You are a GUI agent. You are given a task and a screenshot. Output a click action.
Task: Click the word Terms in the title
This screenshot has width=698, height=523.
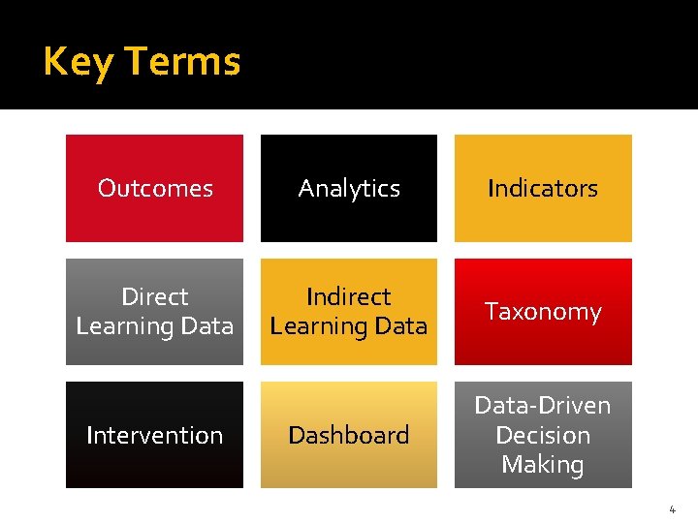click(x=182, y=61)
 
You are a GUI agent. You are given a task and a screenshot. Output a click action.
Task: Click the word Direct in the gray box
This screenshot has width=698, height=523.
click(x=155, y=296)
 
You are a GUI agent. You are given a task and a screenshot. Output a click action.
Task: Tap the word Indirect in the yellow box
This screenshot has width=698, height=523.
click(x=349, y=296)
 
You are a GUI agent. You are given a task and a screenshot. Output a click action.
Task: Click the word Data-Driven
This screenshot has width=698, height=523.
click(x=543, y=406)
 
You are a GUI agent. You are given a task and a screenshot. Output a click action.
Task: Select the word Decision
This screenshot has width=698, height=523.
click(x=543, y=435)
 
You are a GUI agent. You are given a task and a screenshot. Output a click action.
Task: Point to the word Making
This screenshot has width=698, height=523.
click(x=543, y=465)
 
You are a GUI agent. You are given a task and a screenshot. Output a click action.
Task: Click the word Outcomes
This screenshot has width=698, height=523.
click(x=155, y=188)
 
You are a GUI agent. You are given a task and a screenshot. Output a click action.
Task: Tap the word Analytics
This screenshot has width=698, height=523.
click(x=349, y=188)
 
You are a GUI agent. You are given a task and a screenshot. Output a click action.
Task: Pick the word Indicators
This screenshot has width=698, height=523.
click(x=543, y=188)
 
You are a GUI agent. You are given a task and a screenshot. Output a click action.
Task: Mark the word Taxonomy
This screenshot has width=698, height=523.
click(x=543, y=312)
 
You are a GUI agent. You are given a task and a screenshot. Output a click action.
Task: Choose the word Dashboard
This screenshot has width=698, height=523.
click(x=349, y=435)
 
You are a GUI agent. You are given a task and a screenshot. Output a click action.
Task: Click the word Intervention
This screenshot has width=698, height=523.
click(x=155, y=435)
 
